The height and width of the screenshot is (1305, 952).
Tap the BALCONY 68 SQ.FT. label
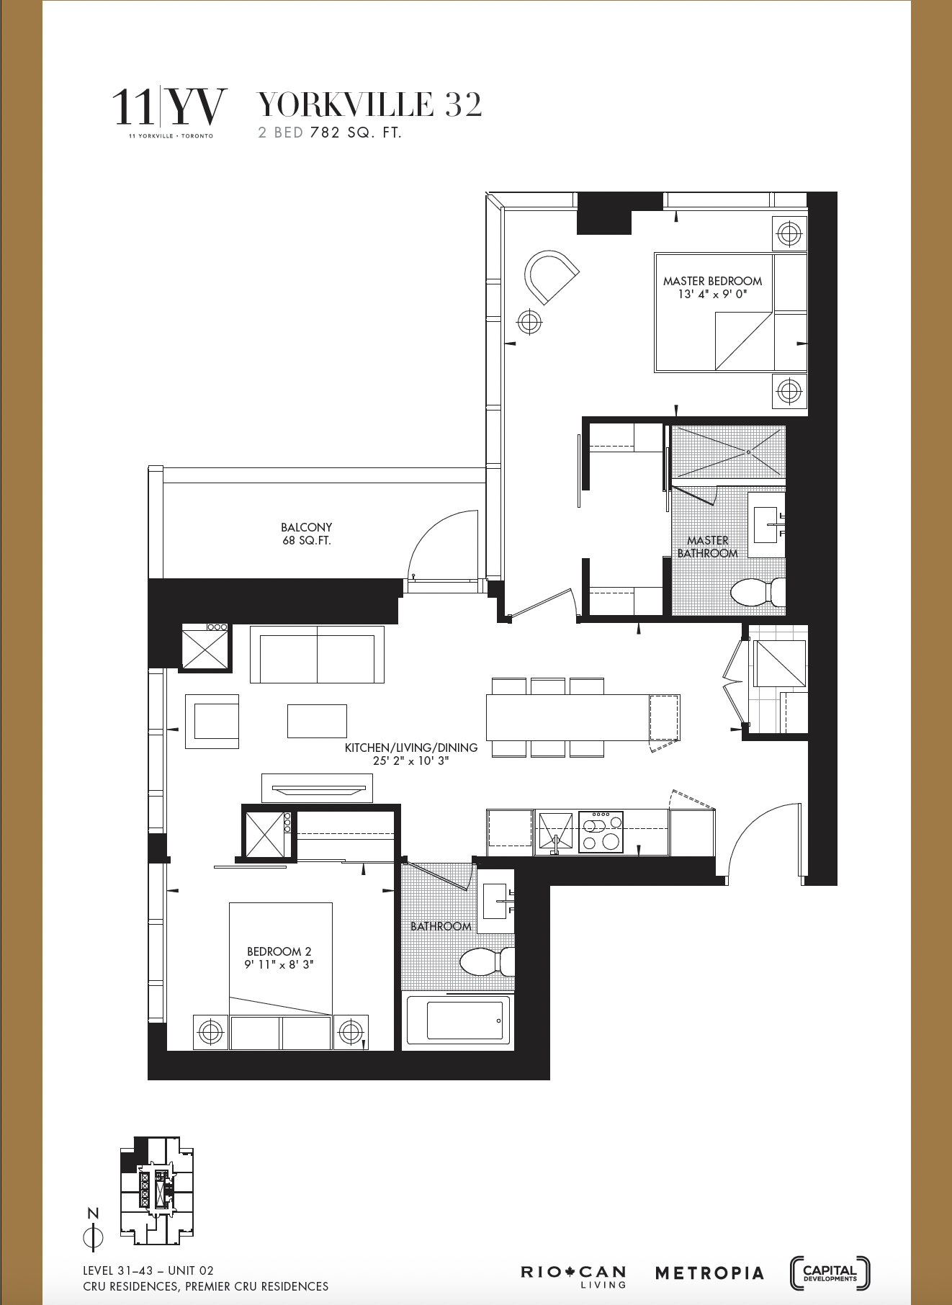[x=307, y=534]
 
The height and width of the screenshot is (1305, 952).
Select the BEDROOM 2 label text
[x=279, y=958]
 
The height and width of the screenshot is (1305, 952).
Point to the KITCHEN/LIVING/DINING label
[x=411, y=754]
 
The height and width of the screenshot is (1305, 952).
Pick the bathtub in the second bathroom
[x=460, y=1019]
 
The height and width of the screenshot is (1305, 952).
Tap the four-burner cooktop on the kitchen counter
[x=601, y=832]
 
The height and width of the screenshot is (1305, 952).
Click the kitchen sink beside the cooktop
[x=555, y=832]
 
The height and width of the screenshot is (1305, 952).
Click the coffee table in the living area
[x=317, y=721]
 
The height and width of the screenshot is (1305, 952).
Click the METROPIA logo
[x=709, y=1273]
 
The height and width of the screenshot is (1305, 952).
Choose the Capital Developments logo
[x=830, y=1273]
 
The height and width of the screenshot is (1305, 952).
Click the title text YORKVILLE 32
[x=369, y=105]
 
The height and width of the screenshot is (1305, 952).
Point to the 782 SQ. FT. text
[x=355, y=133]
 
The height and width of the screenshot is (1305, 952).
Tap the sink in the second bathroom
[x=495, y=901]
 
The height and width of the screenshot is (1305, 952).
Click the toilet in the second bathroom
[x=486, y=961]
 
